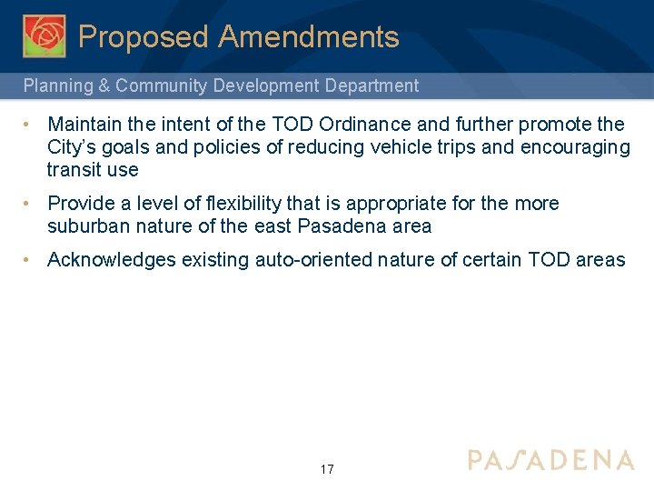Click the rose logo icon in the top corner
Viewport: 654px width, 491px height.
click(44, 36)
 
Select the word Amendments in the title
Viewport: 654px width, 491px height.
click(309, 37)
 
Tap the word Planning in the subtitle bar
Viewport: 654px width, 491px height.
click(56, 86)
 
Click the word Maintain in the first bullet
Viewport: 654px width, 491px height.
click(84, 124)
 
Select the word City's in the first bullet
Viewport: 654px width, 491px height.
click(74, 147)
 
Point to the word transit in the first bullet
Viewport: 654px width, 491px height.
click(74, 170)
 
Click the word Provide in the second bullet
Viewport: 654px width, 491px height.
click(81, 204)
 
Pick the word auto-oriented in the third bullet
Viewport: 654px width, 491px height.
click(313, 261)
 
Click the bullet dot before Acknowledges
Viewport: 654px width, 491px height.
click(29, 260)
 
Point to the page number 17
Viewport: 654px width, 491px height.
click(327, 469)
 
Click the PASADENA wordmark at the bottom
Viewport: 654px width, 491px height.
click(550, 460)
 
